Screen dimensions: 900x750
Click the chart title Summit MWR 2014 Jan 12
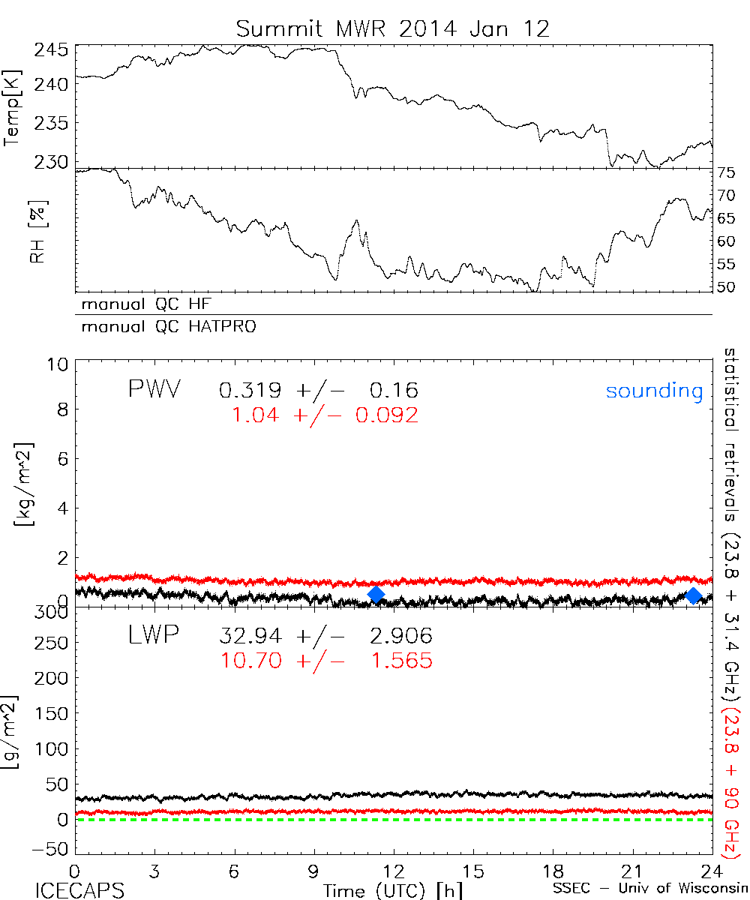click(x=393, y=28)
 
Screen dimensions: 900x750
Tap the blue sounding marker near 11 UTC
click(x=376, y=595)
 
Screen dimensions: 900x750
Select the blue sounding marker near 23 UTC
click(x=694, y=595)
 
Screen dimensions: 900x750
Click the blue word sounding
click(x=654, y=391)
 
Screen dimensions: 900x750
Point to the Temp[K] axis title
click(x=12, y=106)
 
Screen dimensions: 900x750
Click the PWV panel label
click(x=155, y=390)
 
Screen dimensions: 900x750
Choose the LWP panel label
click(x=154, y=636)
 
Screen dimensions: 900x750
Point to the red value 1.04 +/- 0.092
click(x=325, y=415)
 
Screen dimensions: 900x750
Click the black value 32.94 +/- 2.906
click(x=325, y=637)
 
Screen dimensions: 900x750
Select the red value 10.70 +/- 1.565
click(x=325, y=661)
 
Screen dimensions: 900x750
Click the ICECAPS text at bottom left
click(x=79, y=889)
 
